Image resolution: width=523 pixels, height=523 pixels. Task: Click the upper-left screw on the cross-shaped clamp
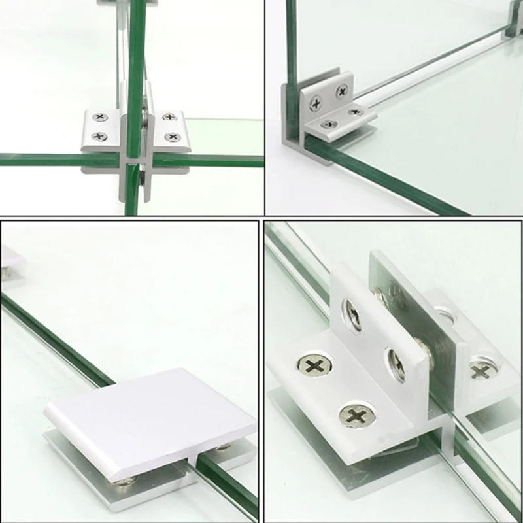coord(100,117)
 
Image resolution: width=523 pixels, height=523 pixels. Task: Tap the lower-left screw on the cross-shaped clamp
coord(99,136)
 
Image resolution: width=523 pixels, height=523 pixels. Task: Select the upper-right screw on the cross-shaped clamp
coord(169,117)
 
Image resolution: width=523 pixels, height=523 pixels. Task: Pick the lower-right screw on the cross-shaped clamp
coord(172,137)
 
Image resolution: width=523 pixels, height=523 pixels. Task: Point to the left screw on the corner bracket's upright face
coord(316,103)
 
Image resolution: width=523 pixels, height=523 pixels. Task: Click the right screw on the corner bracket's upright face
coord(342,92)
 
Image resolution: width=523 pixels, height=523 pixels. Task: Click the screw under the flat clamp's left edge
coord(124,482)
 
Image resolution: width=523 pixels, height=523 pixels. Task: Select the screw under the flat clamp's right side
coord(224,447)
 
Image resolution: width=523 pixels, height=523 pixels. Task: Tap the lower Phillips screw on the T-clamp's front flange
coord(357,414)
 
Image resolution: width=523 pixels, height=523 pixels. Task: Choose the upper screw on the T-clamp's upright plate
coord(353,314)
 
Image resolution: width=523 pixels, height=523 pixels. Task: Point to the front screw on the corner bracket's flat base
coord(329,124)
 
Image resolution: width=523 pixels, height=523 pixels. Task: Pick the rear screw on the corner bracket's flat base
coord(355,112)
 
